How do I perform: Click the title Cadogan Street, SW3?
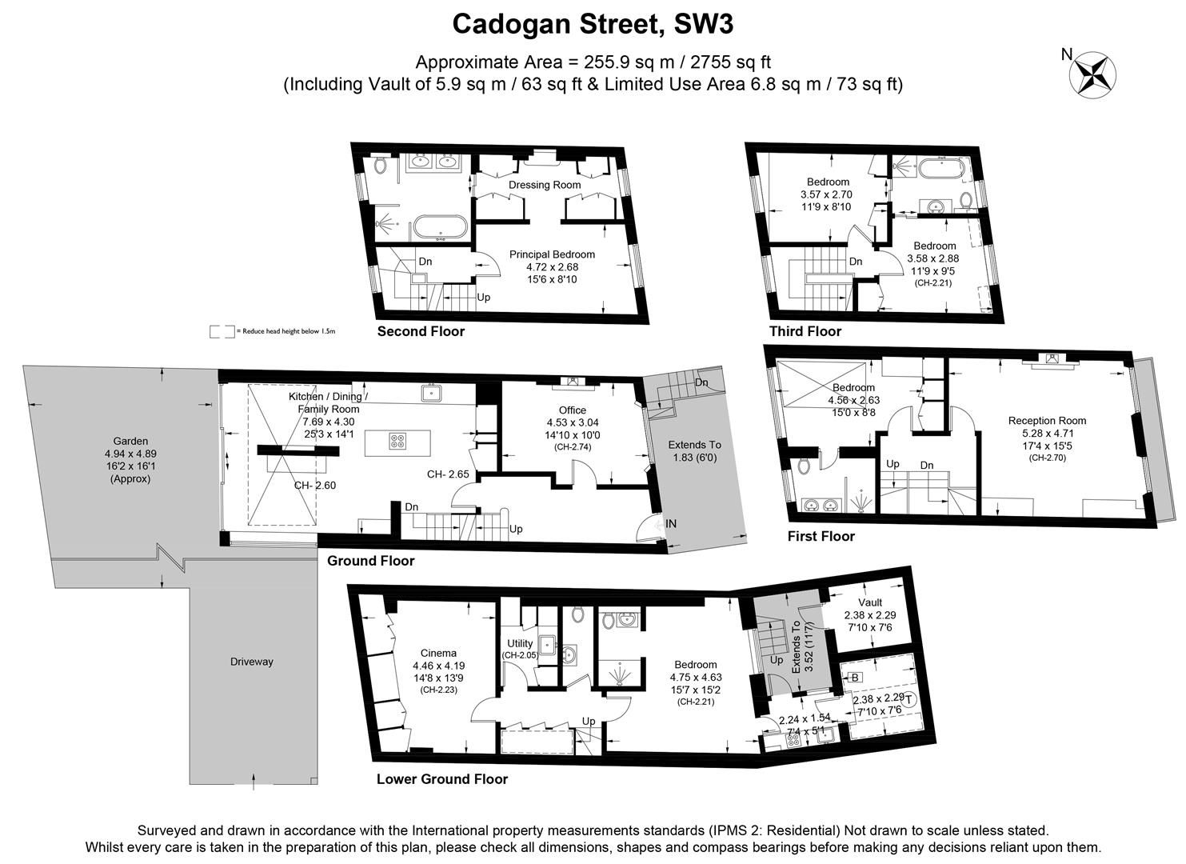tap(593, 24)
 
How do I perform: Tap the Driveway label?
tap(251, 662)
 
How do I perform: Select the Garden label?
tap(130, 441)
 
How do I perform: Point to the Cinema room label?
tap(434, 653)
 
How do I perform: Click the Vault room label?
tap(870, 602)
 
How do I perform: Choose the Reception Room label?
tap(1047, 421)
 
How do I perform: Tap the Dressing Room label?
tap(545, 185)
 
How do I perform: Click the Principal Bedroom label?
tap(552, 254)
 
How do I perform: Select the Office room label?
tap(572, 410)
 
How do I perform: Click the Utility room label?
tap(520, 643)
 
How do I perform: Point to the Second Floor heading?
tap(421, 331)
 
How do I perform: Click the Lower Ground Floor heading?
tap(441, 778)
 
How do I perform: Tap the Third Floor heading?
tap(805, 331)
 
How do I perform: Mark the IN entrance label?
tap(671, 524)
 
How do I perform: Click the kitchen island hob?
tap(397, 442)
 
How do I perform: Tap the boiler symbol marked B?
tap(855, 678)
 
